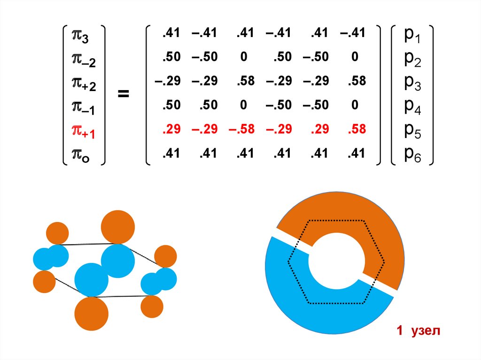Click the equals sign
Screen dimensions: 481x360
tap(123, 94)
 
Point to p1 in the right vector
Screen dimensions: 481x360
tap(412, 36)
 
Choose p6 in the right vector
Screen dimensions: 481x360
tap(412, 155)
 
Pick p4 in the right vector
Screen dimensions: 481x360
tap(412, 107)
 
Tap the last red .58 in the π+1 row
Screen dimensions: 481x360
tap(357, 130)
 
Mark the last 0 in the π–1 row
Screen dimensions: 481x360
tap(355, 105)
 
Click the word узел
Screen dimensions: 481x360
tap(425, 331)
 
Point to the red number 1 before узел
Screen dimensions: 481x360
tap(399, 331)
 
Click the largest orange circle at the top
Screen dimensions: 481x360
tap(118, 227)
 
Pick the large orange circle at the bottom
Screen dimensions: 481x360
tap(92, 314)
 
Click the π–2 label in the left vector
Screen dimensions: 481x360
tap(83, 59)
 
